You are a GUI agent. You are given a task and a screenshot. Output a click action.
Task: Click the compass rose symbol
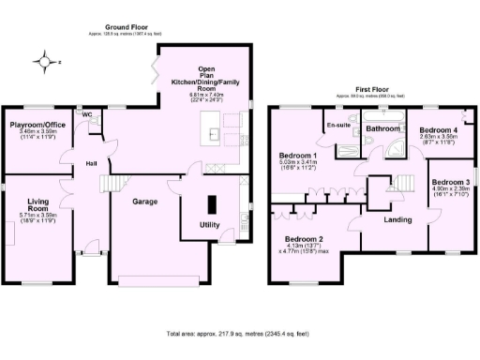pos(45,63)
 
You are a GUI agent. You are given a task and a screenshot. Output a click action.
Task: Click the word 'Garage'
pos(143,201)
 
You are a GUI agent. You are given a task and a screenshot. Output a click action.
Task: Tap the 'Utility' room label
pos(210,225)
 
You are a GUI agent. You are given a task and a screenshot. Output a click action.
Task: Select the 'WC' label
pos(87,114)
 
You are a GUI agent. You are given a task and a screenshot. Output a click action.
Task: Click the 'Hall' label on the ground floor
pos(92,164)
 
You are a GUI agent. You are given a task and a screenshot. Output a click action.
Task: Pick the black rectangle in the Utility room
pos(211,202)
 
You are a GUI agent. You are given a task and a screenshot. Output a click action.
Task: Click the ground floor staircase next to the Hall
pos(113,185)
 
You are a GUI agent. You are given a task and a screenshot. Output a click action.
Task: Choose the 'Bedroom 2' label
pos(304,238)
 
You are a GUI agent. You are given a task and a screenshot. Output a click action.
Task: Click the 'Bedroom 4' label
pos(439,129)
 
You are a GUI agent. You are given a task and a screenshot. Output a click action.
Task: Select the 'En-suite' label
pos(337,124)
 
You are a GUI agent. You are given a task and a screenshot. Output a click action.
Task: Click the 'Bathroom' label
pos(383,127)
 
